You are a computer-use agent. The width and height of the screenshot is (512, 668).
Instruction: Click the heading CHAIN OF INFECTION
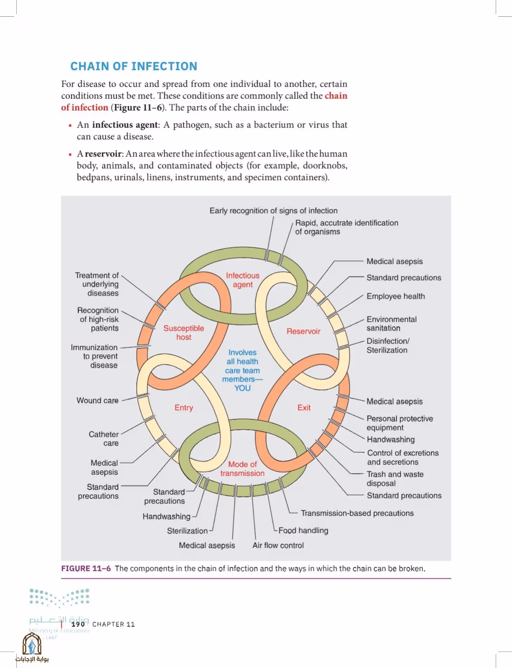[x=134, y=67]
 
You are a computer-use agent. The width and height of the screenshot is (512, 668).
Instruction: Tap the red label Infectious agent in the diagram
[x=243, y=280]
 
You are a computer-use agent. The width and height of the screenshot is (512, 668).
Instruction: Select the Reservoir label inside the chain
[x=303, y=331]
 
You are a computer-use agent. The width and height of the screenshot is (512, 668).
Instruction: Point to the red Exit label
[x=304, y=408]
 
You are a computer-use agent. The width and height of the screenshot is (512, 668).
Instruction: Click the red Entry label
[x=184, y=408]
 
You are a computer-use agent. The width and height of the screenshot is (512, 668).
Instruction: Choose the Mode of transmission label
[x=242, y=469]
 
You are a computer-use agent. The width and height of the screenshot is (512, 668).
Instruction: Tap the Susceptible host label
[x=184, y=333]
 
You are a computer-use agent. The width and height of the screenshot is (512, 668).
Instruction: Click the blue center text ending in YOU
[x=242, y=370]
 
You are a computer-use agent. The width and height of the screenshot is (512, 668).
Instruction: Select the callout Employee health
[x=396, y=296]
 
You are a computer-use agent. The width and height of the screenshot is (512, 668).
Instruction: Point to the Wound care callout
[x=97, y=401]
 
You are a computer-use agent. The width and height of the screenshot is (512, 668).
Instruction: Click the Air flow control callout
[x=278, y=545]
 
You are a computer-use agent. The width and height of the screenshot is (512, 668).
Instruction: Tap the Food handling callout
[x=303, y=530]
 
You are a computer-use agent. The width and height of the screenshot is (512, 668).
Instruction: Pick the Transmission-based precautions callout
[x=357, y=513]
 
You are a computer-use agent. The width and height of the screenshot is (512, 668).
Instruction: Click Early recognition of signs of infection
[x=274, y=210]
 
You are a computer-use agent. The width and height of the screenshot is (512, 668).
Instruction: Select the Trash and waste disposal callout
[x=395, y=479]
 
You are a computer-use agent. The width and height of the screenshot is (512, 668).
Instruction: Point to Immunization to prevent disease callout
[x=95, y=356]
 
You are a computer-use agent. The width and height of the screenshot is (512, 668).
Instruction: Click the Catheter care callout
[x=104, y=439]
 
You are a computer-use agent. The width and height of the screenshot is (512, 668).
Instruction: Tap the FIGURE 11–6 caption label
[x=86, y=568]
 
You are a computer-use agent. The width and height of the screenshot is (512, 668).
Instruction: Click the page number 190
[x=78, y=624]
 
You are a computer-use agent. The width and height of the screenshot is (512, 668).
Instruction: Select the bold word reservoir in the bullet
[x=103, y=154]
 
